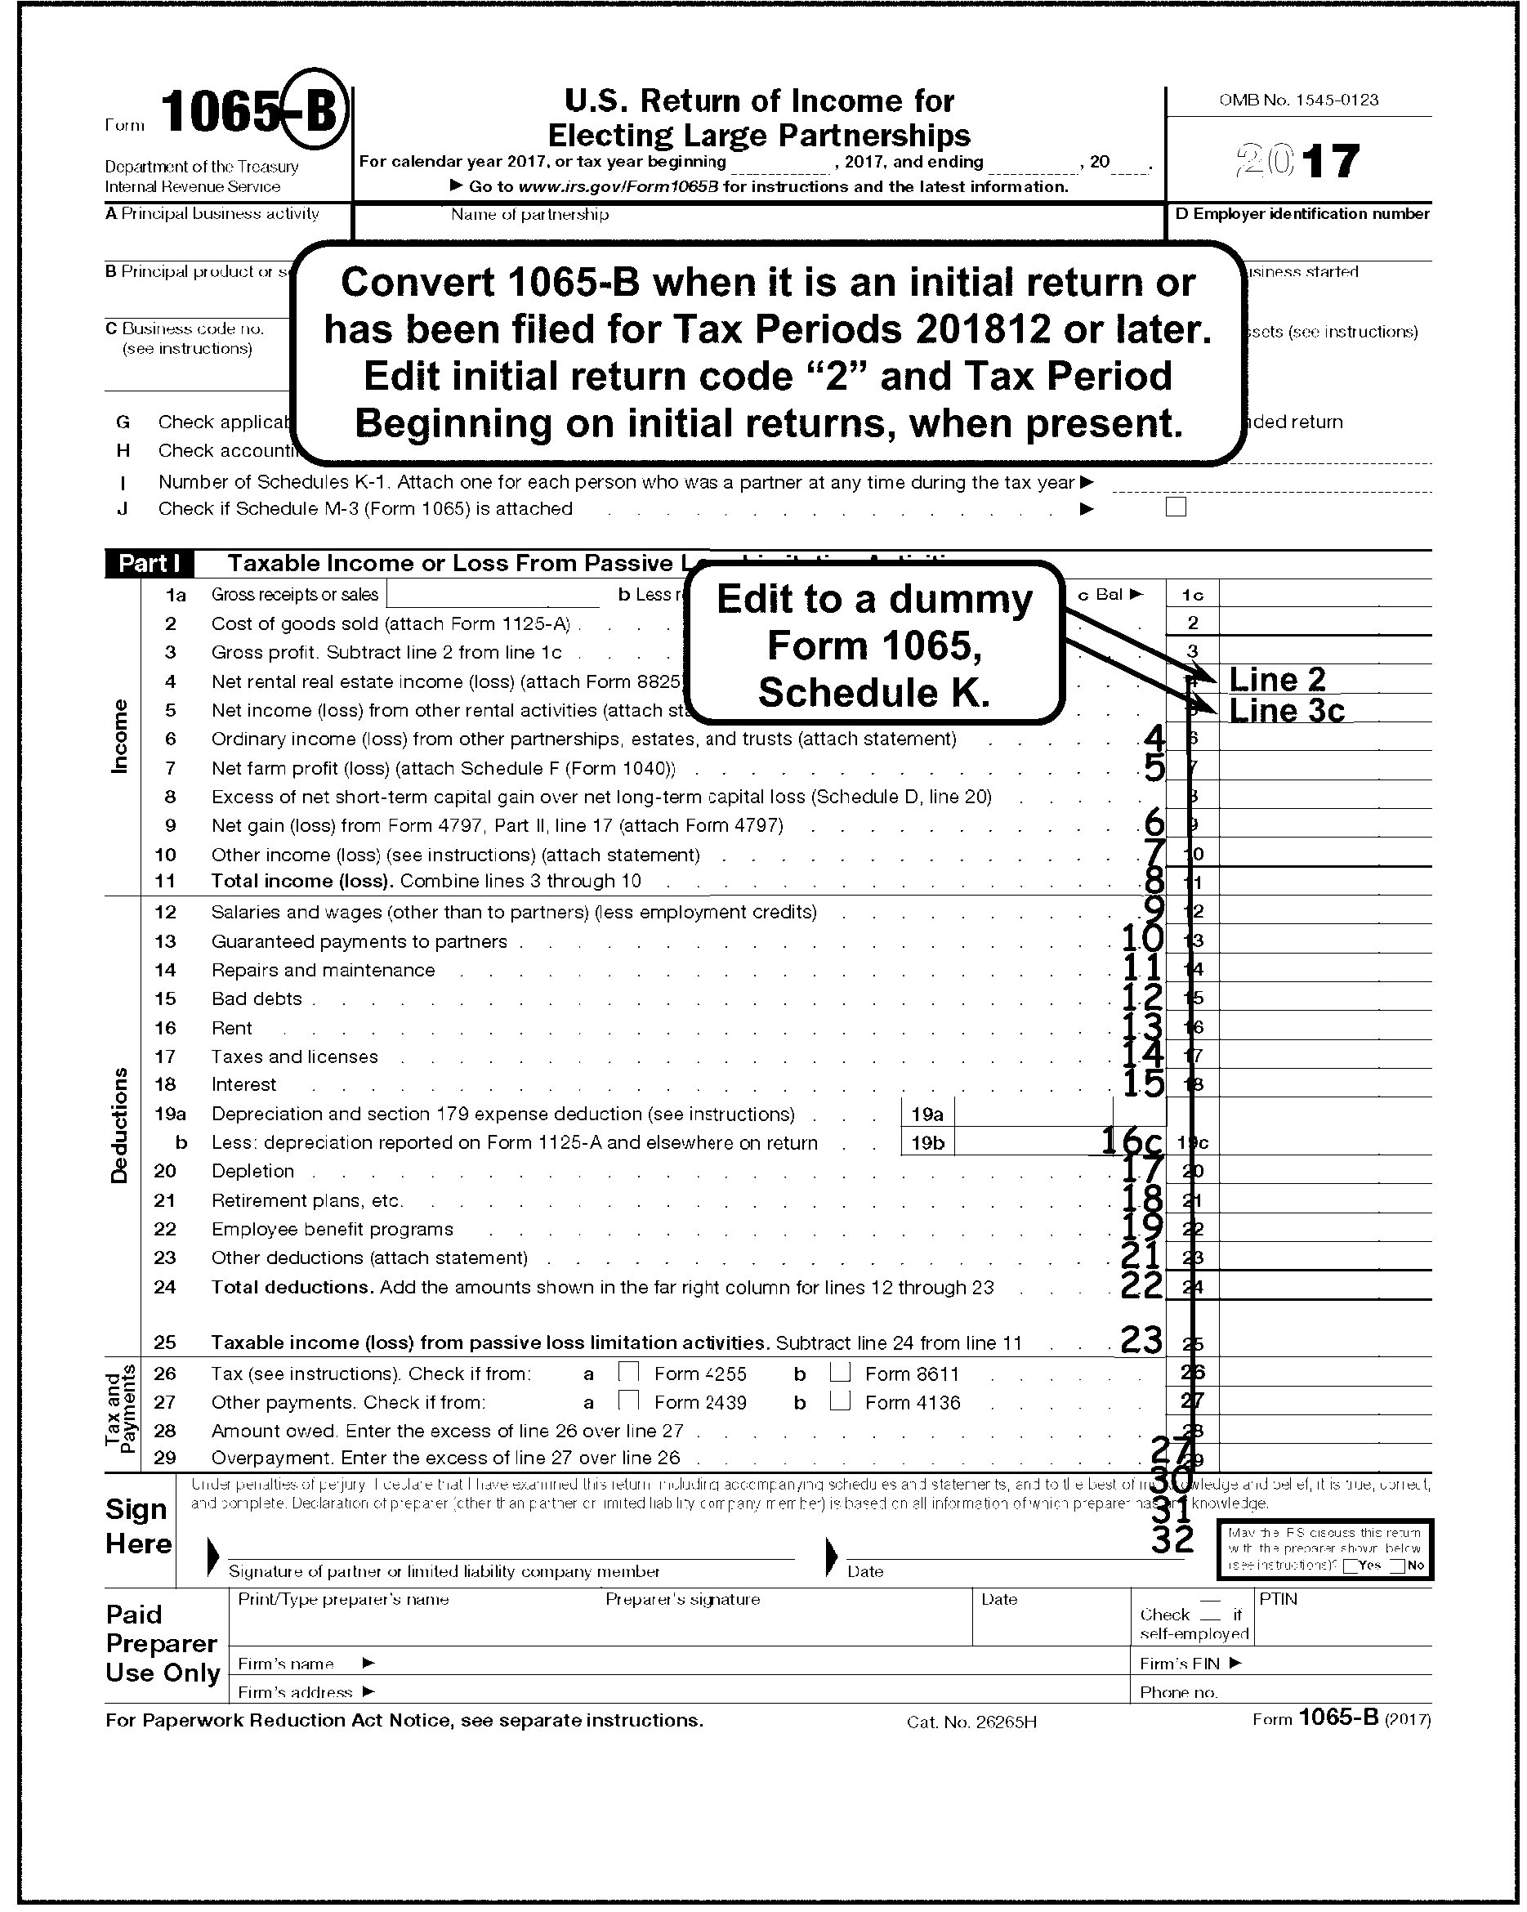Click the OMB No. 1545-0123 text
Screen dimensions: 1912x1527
pos(1298,101)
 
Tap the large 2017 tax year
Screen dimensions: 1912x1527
pos(1297,162)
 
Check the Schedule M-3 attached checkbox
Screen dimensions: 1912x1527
pos(1176,507)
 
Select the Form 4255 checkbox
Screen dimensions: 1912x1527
pos(629,1372)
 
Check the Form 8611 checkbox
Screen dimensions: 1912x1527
pos(840,1372)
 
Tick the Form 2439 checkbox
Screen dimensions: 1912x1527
pos(629,1400)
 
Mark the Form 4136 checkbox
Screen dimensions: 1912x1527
pos(840,1400)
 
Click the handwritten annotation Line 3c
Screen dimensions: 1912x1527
pos(1286,710)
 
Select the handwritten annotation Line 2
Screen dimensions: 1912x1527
pos(1277,679)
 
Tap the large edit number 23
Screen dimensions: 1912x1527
pos(1141,1339)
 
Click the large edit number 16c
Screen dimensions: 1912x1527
pos(1132,1140)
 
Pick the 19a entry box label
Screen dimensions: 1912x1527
pos(927,1114)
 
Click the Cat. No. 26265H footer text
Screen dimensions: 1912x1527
pos(971,1722)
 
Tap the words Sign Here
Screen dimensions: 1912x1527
pos(137,1526)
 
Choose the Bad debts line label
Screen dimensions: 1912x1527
pos(257,998)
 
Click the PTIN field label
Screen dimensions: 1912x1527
pos(1278,1599)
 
